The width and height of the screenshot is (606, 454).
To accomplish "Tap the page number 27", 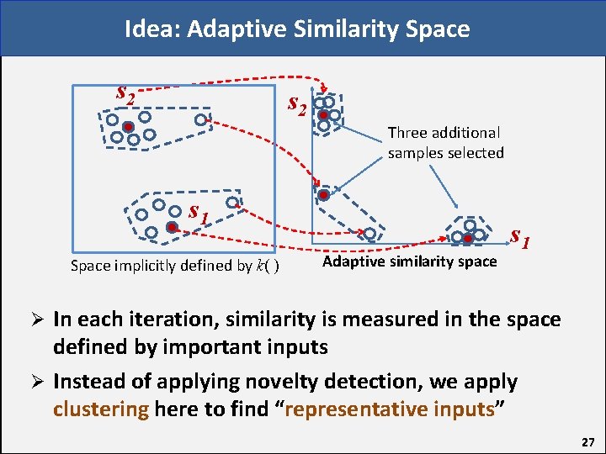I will pos(587,441).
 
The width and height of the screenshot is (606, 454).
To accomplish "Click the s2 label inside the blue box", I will pos(125,95).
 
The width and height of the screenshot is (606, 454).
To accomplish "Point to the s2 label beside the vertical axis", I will pos(298,104).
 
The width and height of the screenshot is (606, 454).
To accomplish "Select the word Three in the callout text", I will pos(407,132).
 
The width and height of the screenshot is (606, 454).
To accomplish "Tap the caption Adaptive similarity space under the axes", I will pos(410,261).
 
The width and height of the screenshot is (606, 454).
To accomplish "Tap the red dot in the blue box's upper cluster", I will pos(128,127).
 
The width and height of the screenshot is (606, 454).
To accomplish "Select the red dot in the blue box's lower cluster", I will pos(171,227).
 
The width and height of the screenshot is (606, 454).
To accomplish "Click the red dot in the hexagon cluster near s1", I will pos(468,239).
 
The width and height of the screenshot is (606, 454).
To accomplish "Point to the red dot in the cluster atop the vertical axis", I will pos(323,115).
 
